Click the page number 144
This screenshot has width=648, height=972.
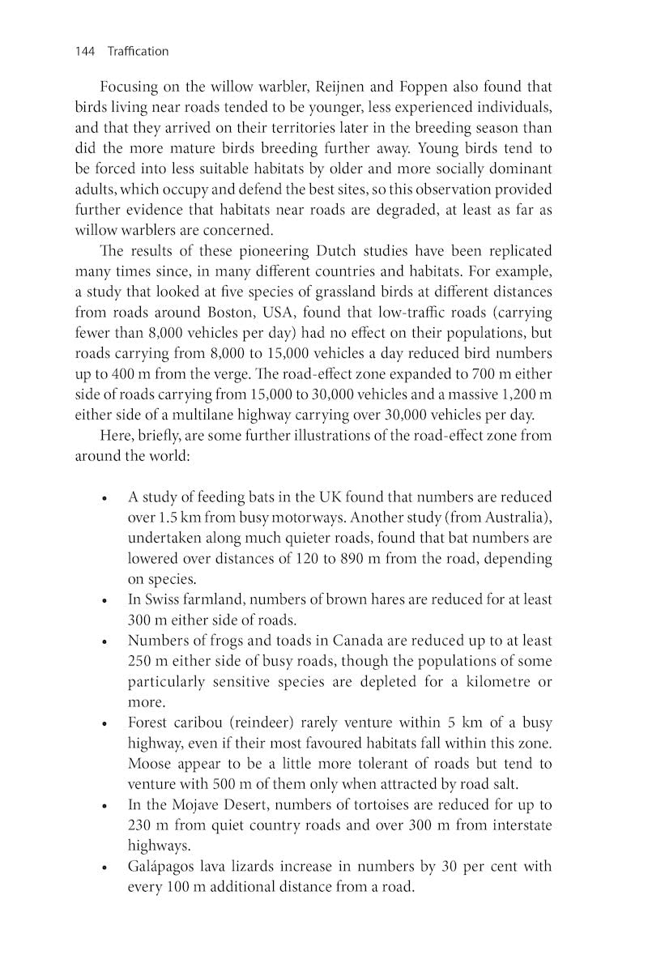coord(85,52)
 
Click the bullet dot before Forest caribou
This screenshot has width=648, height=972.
coord(104,724)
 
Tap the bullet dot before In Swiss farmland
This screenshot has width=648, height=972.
coord(104,601)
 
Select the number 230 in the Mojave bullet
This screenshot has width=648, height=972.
coord(141,825)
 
